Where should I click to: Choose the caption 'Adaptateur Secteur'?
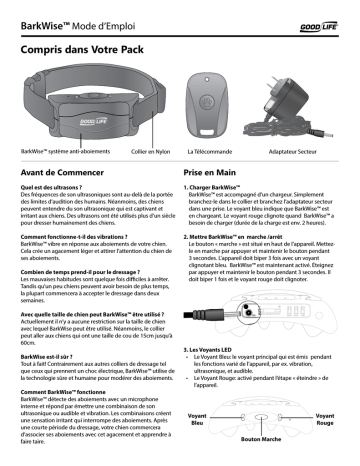tap(294, 148)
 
